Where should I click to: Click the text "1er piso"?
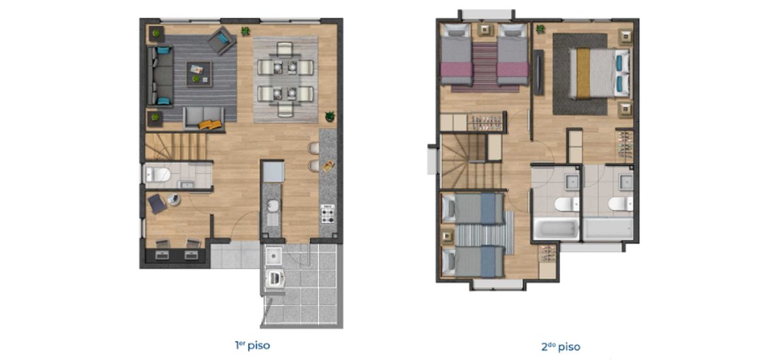point(253,346)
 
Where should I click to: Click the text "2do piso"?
point(560,347)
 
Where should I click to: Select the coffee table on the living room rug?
point(199,74)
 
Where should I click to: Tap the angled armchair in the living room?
point(222,40)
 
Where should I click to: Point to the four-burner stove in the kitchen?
point(328,214)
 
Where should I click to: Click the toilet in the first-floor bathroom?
point(158,174)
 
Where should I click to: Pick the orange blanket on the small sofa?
point(210,125)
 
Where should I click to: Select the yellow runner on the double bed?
point(583,74)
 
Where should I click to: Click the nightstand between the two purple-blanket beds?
point(485,30)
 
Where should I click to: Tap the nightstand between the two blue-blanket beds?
point(448,237)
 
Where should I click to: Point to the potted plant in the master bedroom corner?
point(540,29)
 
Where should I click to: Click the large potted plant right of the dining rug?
point(330,116)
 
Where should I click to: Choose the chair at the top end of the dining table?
point(285,48)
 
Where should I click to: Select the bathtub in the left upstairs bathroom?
point(555,229)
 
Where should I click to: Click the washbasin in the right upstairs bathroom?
point(626,182)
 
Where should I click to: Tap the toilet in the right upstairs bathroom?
point(621,203)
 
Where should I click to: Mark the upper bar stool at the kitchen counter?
point(314,148)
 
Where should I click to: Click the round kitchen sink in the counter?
point(273,205)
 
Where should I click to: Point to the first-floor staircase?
point(176,147)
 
